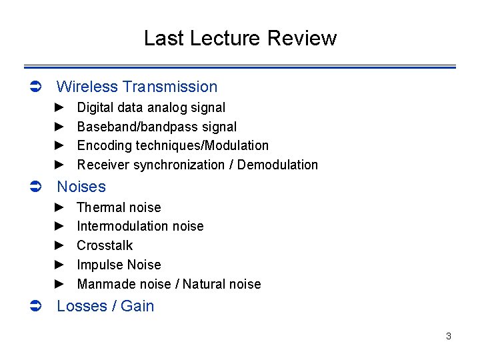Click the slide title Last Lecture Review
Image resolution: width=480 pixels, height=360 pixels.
240,38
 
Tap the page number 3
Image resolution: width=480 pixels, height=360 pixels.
449,336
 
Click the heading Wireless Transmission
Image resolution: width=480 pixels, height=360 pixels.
137,87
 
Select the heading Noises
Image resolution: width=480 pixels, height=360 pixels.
81,187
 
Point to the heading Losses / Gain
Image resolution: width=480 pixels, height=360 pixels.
105,306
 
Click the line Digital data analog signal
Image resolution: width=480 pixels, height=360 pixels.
151,107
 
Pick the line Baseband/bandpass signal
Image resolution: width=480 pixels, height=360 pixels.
157,127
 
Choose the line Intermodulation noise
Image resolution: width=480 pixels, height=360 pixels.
140,226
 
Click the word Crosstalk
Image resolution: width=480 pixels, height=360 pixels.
105,245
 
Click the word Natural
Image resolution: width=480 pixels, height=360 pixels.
203,284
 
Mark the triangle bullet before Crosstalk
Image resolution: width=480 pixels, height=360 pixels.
59,245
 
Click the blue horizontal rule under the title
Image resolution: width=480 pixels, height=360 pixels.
240,67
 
